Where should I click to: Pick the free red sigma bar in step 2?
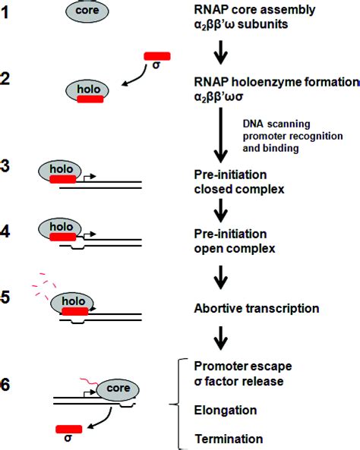tap(157, 56)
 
